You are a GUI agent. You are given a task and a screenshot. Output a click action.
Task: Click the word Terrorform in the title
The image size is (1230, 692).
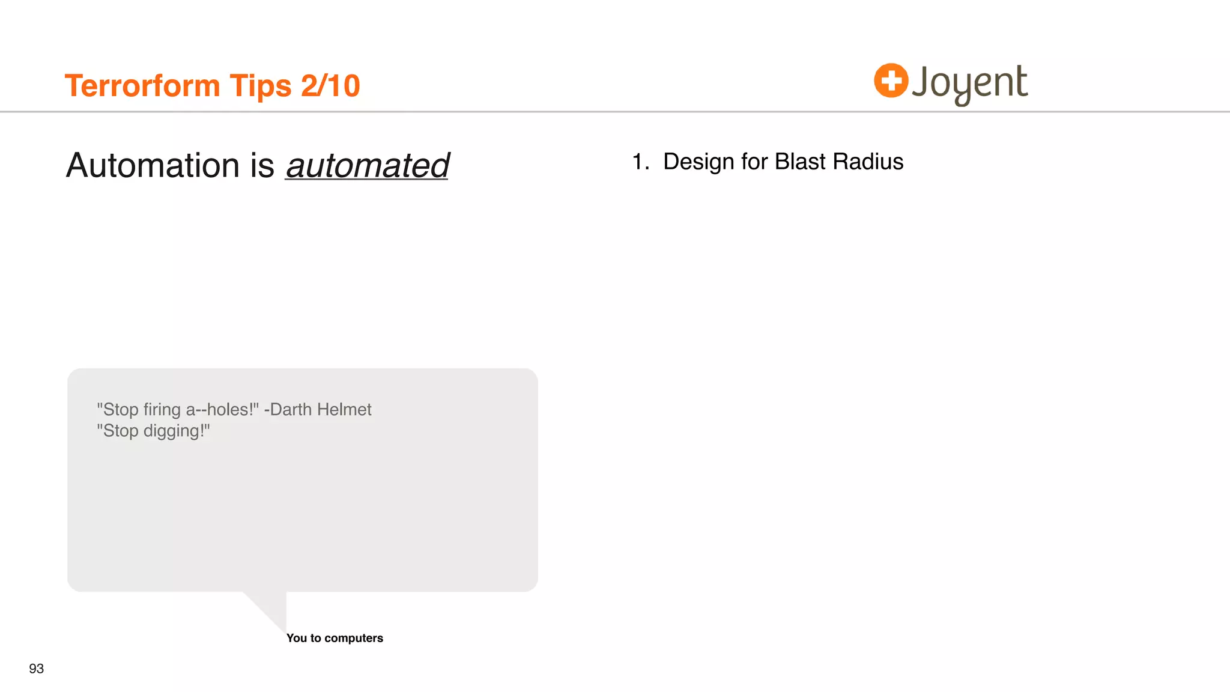point(142,85)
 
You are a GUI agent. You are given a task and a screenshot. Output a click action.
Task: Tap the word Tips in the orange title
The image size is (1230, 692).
point(261,86)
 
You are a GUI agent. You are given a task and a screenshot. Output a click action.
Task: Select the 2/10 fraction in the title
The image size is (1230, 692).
point(330,85)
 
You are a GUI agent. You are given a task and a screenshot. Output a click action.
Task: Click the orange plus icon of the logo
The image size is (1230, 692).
point(891,80)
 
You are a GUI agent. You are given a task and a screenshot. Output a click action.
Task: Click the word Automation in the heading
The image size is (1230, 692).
point(153,165)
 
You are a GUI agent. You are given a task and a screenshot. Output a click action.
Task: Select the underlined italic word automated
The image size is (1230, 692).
point(367,166)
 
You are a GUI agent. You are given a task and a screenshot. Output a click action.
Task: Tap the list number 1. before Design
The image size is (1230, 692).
point(640,162)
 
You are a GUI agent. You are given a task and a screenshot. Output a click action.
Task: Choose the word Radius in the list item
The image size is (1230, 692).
point(868,162)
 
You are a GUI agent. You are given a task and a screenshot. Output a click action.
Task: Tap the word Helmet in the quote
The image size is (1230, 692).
point(344,410)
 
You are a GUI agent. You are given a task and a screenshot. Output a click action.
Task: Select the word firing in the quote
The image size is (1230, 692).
point(162,410)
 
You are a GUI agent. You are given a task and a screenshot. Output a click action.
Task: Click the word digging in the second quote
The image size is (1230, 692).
point(174,431)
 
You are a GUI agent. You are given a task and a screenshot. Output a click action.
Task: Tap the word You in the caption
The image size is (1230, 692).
point(297,639)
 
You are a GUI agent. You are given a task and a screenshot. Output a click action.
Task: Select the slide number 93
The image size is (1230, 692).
point(37,669)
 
